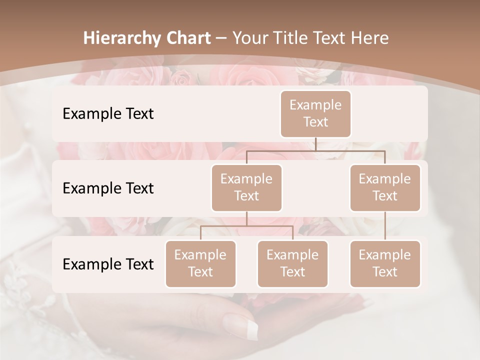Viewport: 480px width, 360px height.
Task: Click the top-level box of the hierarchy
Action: tap(315, 113)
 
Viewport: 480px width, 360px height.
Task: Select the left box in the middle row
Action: tap(246, 187)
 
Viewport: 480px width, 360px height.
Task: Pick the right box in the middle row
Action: tap(385, 187)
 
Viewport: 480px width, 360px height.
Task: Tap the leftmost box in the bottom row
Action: tap(200, 263)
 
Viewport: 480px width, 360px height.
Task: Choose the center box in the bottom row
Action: tap(292, 263)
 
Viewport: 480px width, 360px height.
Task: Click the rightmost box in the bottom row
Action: tap(385, 263)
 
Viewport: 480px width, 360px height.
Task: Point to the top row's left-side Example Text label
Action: tap(108, 113)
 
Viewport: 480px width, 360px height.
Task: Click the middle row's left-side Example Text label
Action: tap(108, 188)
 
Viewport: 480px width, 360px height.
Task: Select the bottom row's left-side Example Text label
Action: tap(108, 264)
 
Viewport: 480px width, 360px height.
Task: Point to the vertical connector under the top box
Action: tap(315, 144)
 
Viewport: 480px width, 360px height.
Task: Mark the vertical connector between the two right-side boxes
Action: tap(385, 226)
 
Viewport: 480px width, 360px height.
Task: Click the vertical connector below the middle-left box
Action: tap(246, 218)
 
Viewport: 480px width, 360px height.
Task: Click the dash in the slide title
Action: tap(221, 38)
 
